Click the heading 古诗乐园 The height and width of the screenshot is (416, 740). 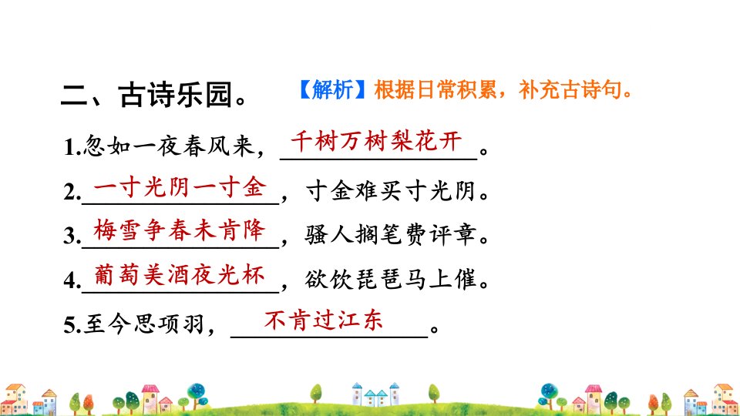[175, 95]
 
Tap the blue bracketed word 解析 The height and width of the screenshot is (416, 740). [332, 89]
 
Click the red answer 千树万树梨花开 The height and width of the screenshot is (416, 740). [377, 141]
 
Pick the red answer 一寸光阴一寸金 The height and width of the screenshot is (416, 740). [180, 187]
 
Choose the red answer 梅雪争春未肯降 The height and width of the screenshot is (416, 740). [180, 230]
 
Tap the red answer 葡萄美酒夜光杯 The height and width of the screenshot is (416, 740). [180, 274]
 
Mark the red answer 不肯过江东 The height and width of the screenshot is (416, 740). [323, 320]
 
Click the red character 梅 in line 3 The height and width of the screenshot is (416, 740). [105, 230]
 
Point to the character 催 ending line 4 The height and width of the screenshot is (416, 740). [465, 279]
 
